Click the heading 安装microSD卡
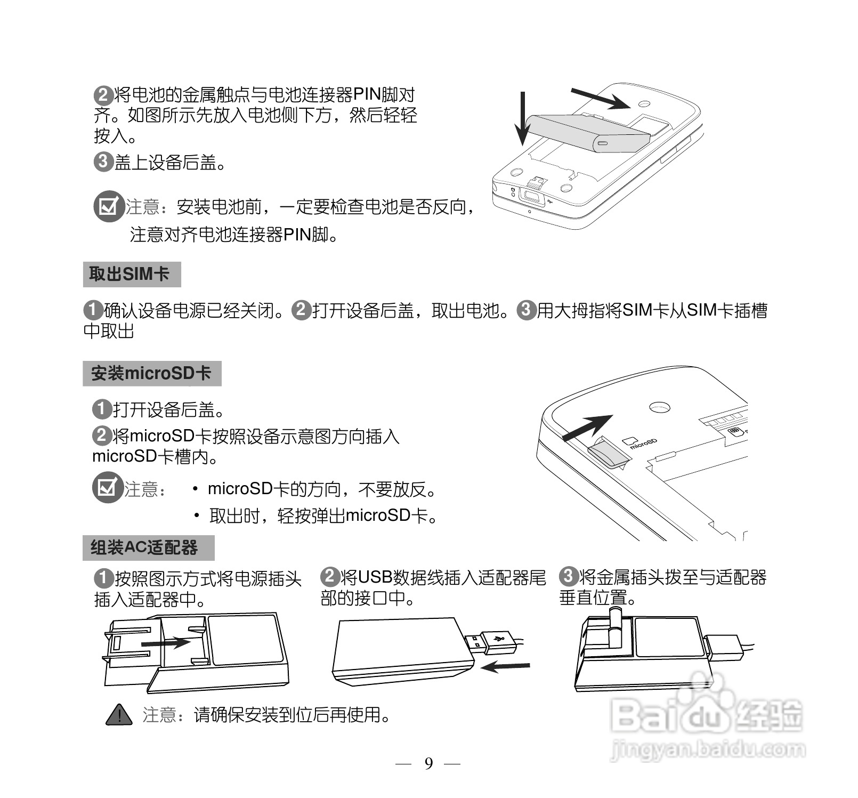pyautogui.click(x=151, y=373)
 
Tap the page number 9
pyautogui.click(x=428, y=764)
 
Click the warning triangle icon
pyautogui.click(x=119, y=715)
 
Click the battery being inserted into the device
pyautogui.click(x=589, y=132)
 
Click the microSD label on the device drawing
pyautogui.click(x=642, y=444)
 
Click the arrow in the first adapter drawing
pyautogui.click(x=165, y=643)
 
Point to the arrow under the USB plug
pyautogui.click(x=505, y=666)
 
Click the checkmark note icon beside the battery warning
pyautogui.click(x=108, y=206)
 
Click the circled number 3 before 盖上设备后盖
pyautogui.click(x=102, y=162)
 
